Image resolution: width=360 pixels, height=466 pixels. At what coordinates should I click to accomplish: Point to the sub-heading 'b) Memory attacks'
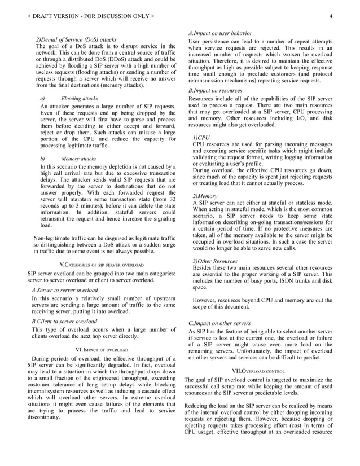tap(68, 160)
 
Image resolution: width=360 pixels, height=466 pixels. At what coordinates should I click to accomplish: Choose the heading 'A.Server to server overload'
tap(65, 289)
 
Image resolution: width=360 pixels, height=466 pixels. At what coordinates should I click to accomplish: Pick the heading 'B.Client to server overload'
tap(64, 321)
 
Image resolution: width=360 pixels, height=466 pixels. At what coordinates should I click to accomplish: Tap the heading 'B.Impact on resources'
tap(216, 90)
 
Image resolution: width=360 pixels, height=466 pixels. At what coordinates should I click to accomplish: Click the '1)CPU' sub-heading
tap(201, 137)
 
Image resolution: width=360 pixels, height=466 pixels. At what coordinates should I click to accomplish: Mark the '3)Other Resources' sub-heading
tap(215, 261)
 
